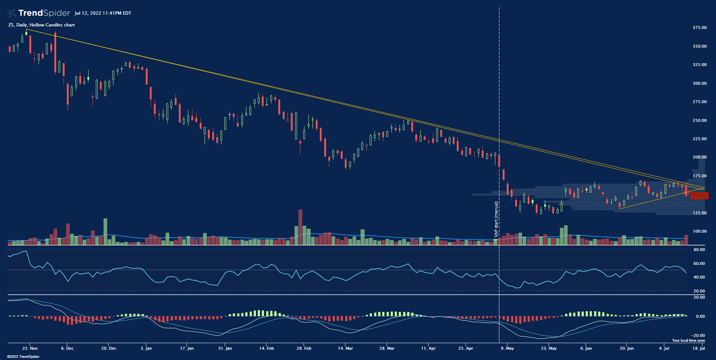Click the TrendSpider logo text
pos(44,13)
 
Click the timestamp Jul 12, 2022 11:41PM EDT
pos(103,13)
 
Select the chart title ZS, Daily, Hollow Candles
pos(41,25)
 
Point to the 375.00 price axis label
pos(699,28)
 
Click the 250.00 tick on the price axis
pos(699,120)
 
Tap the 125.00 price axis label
pos(699,213)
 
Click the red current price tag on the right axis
pos(699,196)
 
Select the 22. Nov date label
pos(30,348)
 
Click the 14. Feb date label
pos(267,348)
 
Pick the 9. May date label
pos(507,348)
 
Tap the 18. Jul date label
pos(699,348)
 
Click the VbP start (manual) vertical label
pos(496,219)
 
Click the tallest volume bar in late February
pos(300,227)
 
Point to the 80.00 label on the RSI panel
pos(699,250)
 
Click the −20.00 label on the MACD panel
pos(698,335)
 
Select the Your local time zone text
pos(688,341)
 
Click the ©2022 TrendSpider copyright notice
pos(23,357)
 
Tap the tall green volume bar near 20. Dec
pos(105,231)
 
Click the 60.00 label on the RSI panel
pos(699,263)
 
